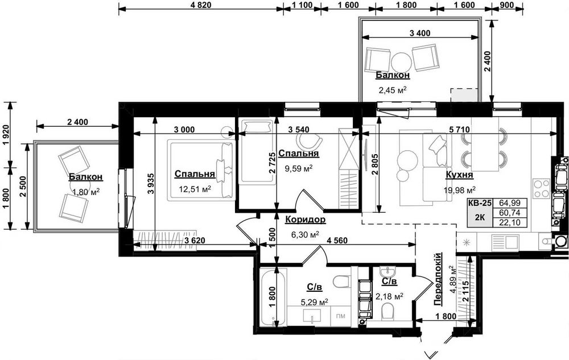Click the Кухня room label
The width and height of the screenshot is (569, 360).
[x=459, y=175]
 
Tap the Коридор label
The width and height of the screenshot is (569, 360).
[x=305, y=220]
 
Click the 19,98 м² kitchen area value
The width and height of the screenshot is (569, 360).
[x=459, y=190]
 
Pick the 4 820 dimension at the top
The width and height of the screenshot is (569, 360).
[x=200, y=5]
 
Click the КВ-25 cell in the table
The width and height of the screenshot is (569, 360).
[x=479, y=203]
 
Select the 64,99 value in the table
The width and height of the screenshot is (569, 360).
[x=509, y=203]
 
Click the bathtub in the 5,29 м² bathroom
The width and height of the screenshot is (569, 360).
[x=273, y=297]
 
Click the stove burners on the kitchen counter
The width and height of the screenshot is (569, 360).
[x=541, y=188]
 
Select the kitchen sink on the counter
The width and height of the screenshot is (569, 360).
[x=505, y=242]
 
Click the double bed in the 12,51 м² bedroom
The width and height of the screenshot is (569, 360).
[x=200, y=170]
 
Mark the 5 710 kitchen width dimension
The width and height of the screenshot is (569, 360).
[x=459, y=130]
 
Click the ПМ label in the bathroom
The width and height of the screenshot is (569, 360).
[x=340, y=316]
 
